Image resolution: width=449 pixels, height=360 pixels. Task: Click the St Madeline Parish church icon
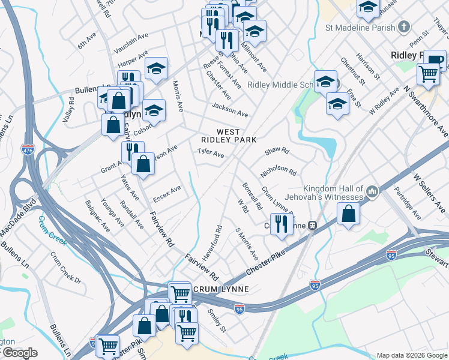click(x=405, y=27)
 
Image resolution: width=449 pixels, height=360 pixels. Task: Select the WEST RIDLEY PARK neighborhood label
click(x=228, y=136)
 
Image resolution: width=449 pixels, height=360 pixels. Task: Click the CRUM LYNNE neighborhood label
click(x=220, y=289)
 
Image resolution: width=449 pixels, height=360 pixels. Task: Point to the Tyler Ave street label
click(x=211, y=154)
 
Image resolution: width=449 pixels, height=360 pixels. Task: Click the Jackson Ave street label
click(x=229, y=110)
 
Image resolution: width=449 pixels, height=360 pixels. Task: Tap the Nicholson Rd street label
click(x=279, y=172)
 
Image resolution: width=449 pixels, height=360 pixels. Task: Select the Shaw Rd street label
click(x=277, y=151)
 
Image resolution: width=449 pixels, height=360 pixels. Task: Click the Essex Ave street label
click(x=167, y=193)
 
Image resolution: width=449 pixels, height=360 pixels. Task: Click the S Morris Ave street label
click(x=246, y=243)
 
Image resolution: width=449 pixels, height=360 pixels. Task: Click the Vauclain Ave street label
click(x=131, y=37)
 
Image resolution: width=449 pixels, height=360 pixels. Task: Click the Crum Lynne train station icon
click(x=312, y=226)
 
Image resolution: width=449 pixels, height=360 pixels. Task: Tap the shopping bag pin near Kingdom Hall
click(x=349, y=214)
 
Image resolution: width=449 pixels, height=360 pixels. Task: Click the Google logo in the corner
click(x=19, y=353)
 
